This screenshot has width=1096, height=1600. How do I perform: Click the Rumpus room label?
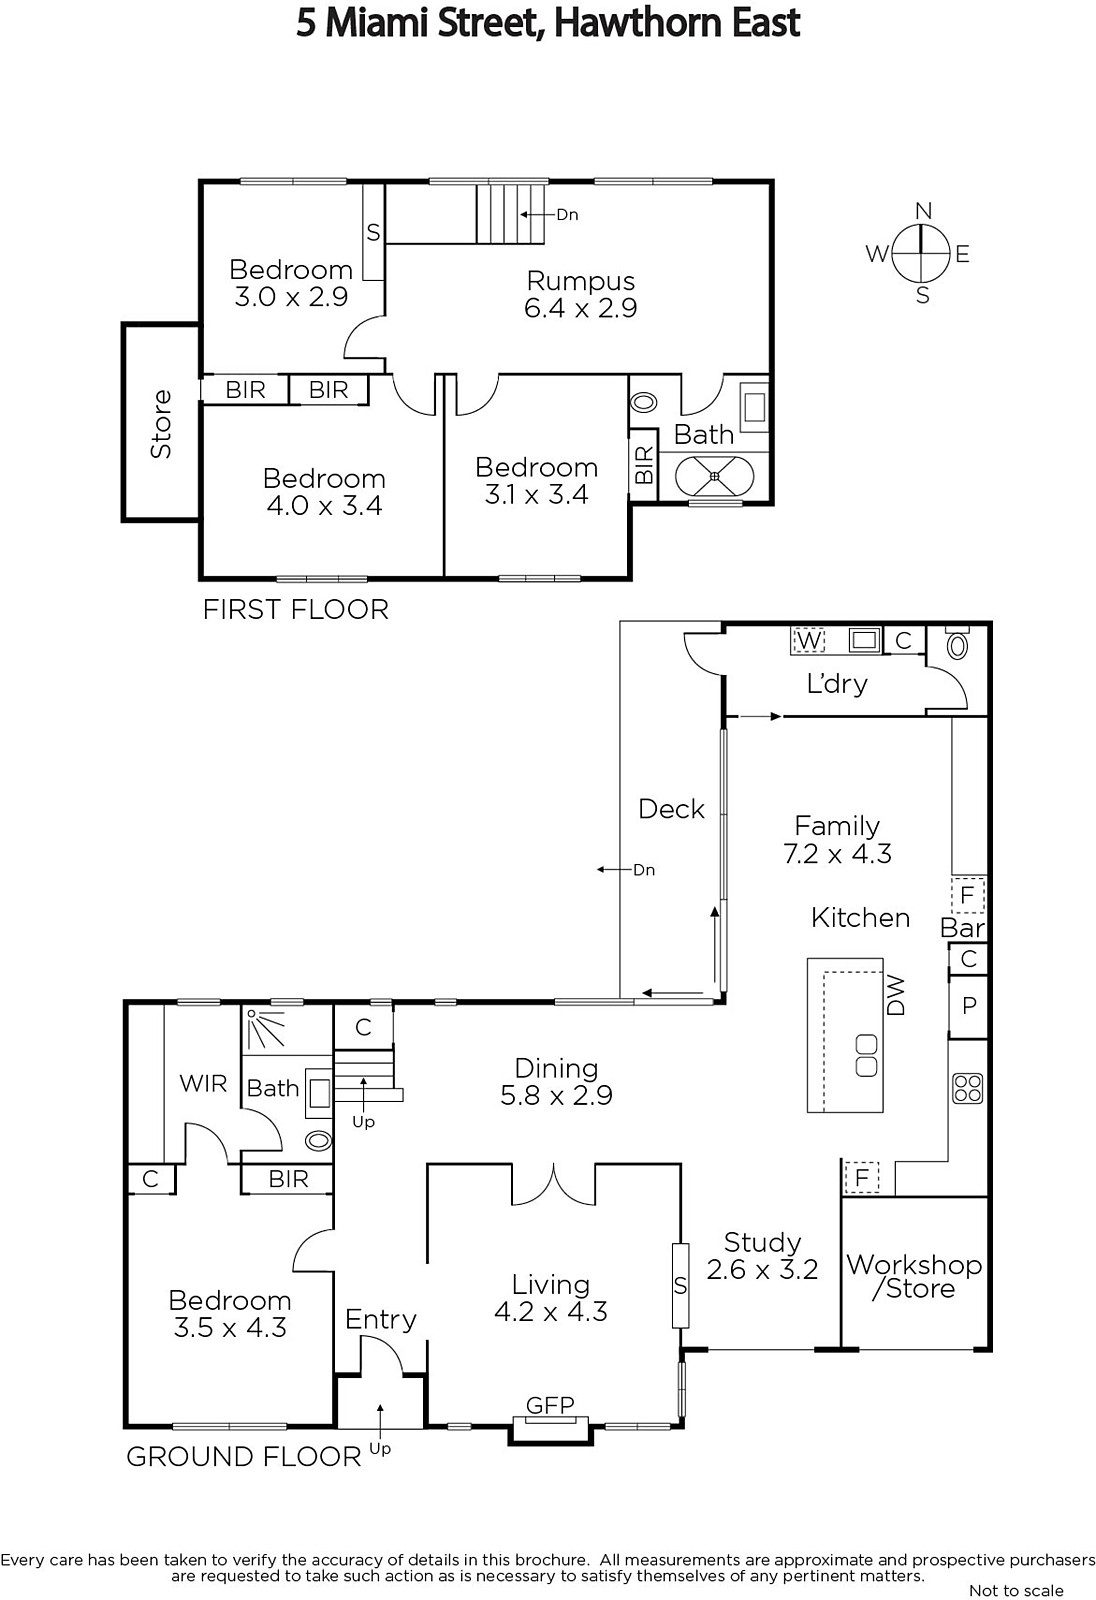pyautogui.click(x=581, y=281)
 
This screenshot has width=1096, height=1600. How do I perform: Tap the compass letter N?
pyautogui.click(x=923, y=211)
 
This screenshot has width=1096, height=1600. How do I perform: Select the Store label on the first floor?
pyautogui.click(x=161, y=424)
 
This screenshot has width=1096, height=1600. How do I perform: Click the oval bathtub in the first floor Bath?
pyautogui.click(x=714, y=476)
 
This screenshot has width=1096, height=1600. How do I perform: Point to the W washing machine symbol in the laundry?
pyautogui.click(x=808, y=640)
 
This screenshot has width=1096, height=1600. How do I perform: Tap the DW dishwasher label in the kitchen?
pyautogui.click(x=895, y=996)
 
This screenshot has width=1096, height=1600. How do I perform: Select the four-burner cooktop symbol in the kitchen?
pyautogui.click(x=967, y=1089)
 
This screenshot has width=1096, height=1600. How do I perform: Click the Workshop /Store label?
pyautogui.click(x=915, y=1276)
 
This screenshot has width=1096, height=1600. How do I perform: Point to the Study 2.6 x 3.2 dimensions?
pyautogui.click(x=762, y=1269)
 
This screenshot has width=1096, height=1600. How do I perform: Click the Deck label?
pyautogui.click(x=671, y=809)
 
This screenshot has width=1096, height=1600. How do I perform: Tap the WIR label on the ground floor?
pyautogui.click(x=203, y=1084)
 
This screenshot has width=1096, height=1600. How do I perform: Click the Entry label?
pyautogui.click(x=380, y=1320)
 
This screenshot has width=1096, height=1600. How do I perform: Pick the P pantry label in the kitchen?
pyautogui.click(x=969, y=1006)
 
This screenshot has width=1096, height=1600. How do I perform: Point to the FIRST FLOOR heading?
pyautogui.click(x=296, y=609)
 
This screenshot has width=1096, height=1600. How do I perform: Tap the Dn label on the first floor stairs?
pyautogui.click(x=567, y=214)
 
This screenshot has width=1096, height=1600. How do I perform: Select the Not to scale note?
pyautogui.click(x=1016, y=1590)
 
